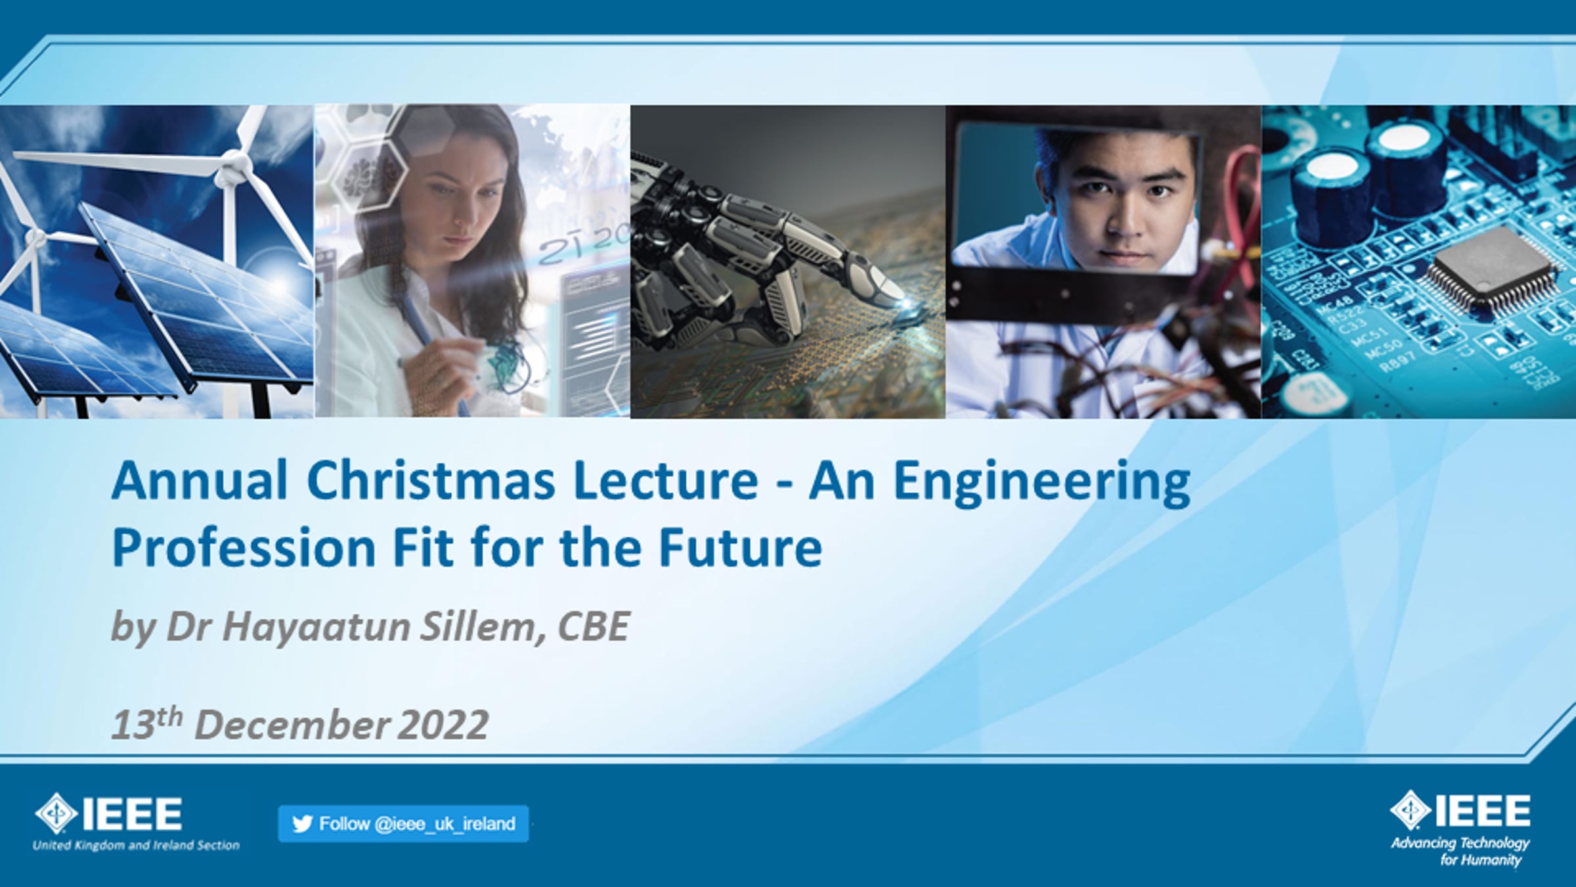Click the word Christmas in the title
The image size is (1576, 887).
pyautogui.click(x=431, y=480)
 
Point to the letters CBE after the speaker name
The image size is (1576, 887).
pyautogui.click(x=594, y=626)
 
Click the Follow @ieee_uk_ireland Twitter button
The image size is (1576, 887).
pyautogui.click(x=403, y=823)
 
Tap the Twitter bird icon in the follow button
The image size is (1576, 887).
pyautogui.click(x=302, y=824)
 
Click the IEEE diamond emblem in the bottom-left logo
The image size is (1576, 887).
pyautogui.click(x=56, y=813)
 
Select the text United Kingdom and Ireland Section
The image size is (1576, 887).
pyautogui.click(x=136, y=846)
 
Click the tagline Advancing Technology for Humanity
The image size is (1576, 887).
pyautogui.click(x=1460, y=851)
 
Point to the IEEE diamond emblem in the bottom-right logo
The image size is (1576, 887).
pyautogui.click(x=1411, y=811)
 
